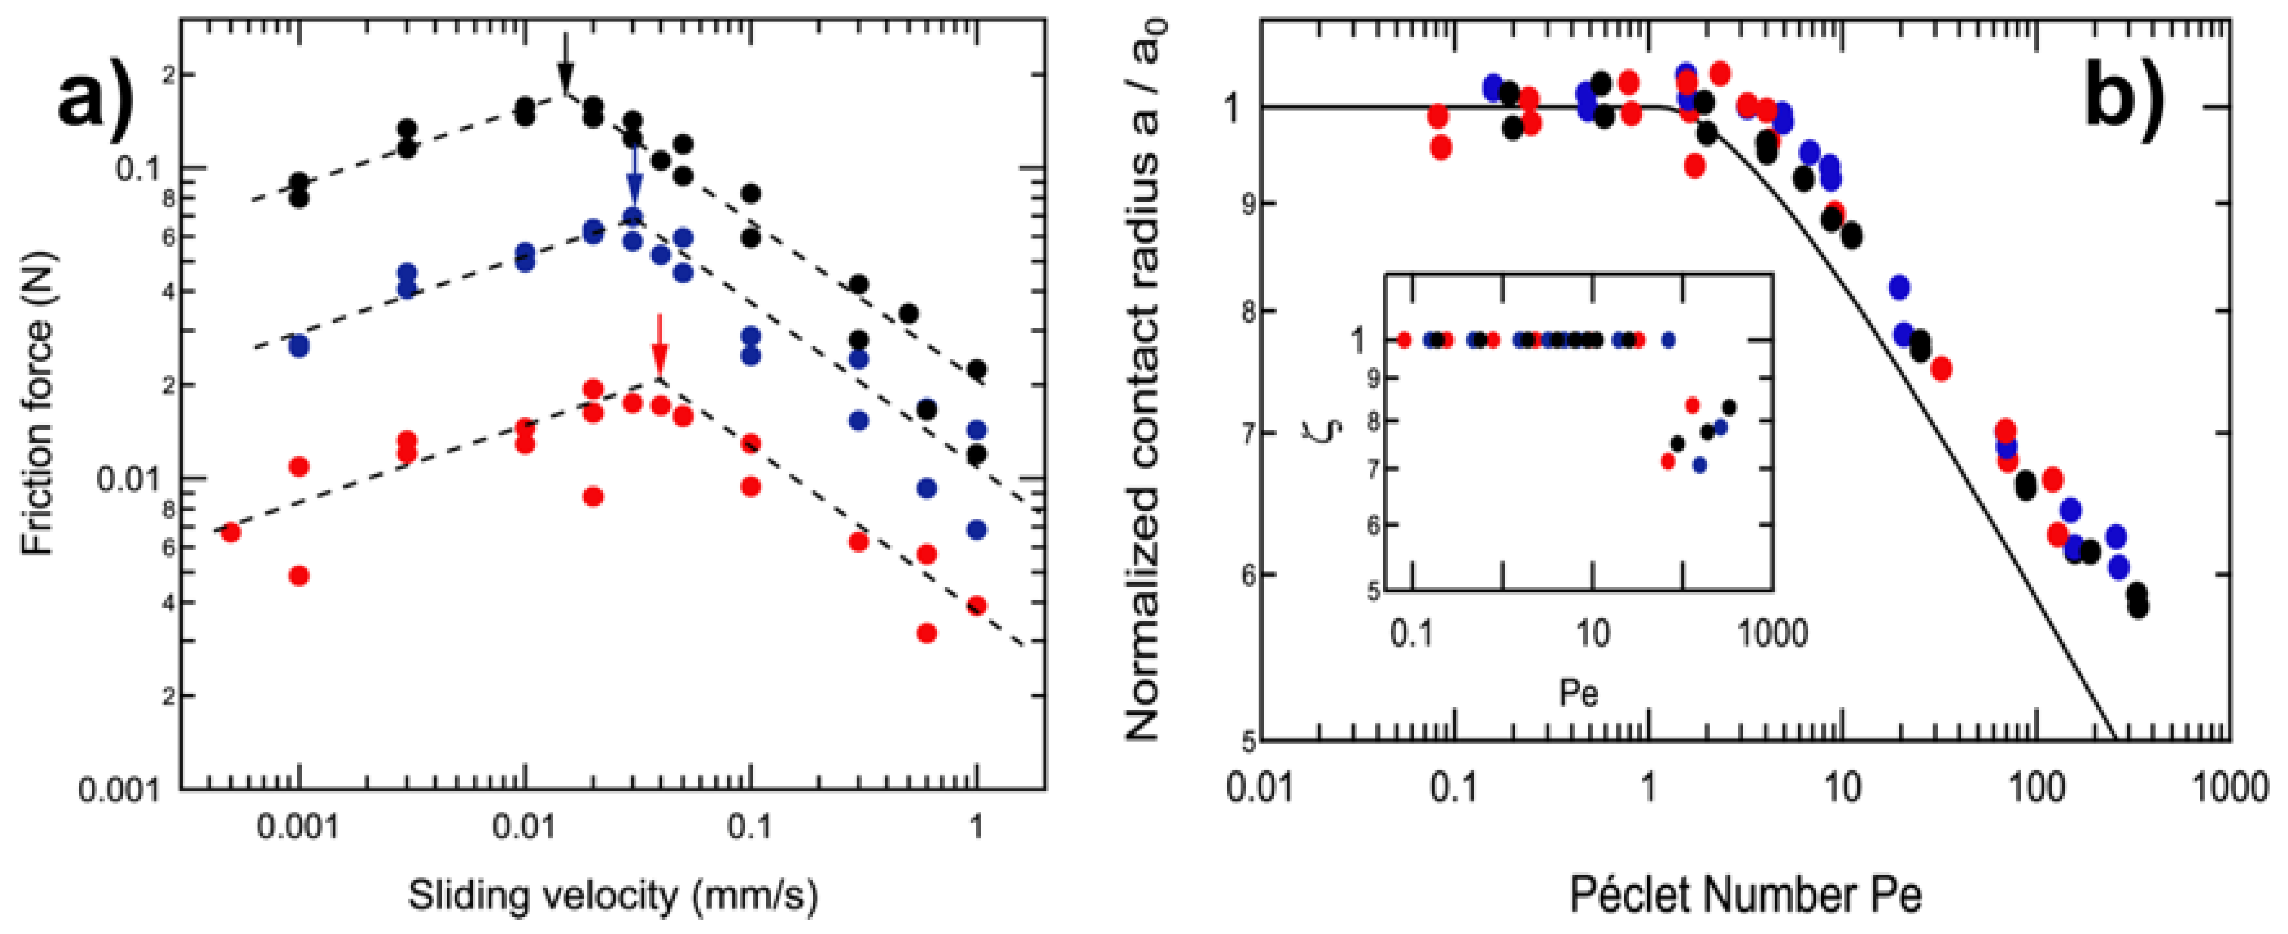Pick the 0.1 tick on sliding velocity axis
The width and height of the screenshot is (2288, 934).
[x=751, y=826]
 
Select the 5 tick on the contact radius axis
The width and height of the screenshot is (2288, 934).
[x=1248, y=740]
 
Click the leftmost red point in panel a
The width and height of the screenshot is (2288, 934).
[x=230, y=532]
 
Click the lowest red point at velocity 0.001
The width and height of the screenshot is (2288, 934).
[x=299, y=575]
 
